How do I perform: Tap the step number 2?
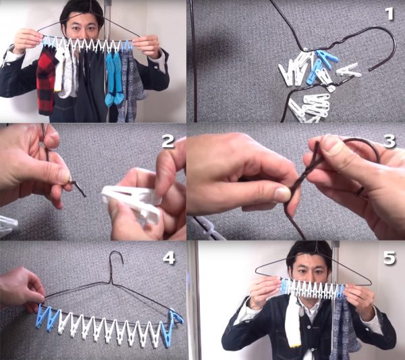(x=168, y=141)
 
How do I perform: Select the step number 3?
(x=389, y=141)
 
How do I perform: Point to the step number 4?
(x=169, y=258)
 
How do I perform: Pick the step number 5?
(x=389, y=258)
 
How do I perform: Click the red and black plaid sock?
(x=47, y=80)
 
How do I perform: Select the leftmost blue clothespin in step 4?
(x=44, y=317)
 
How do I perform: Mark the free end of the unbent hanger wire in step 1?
(x=370, y=70)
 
